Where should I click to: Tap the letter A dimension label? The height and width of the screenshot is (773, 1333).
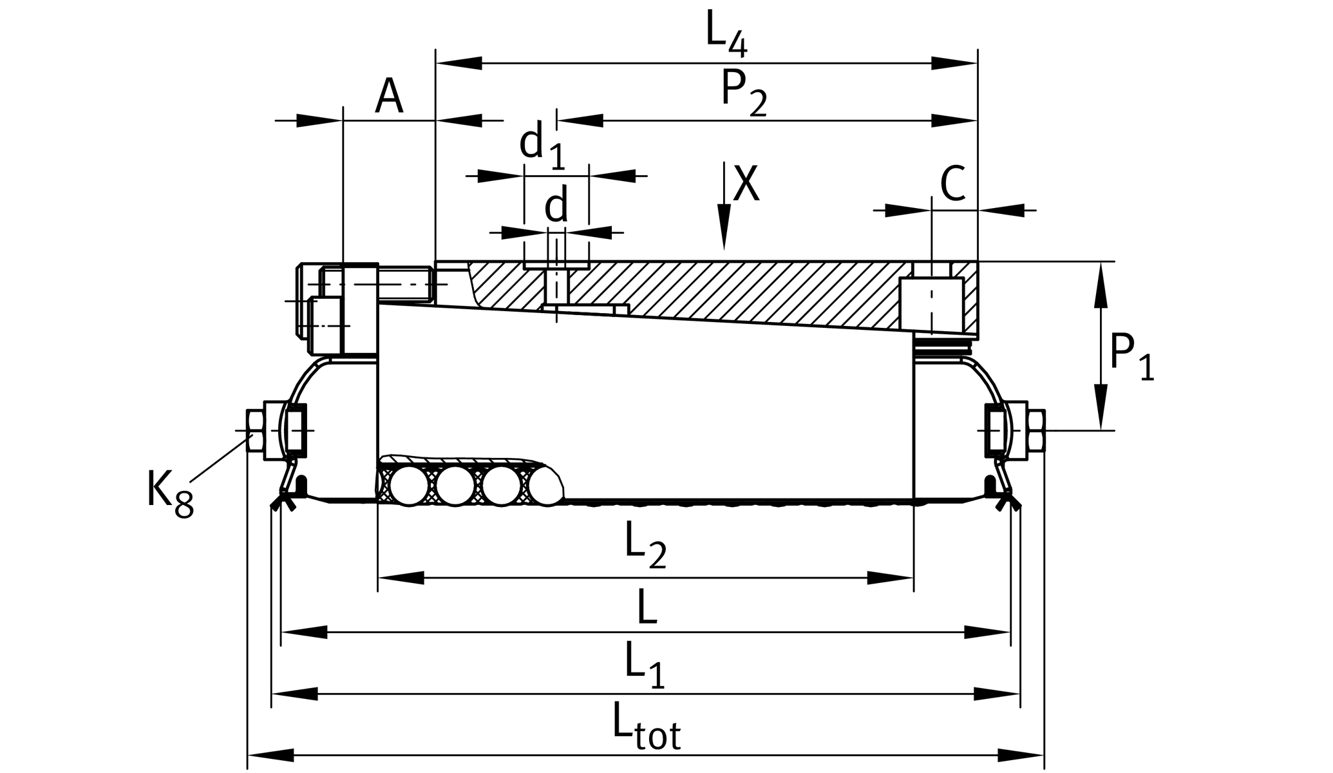click(389, 97)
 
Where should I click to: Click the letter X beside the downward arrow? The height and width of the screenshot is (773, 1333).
click(746, 184)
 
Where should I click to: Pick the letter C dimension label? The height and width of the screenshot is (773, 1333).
click(952, 184)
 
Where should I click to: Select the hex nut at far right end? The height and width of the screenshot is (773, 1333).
click(1035, 430)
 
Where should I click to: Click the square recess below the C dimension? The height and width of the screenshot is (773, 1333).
click(931, 304)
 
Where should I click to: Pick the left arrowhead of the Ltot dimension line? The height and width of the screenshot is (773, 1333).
click(271, 755)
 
